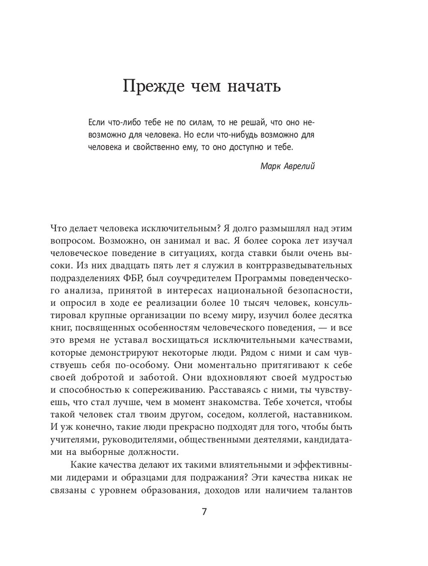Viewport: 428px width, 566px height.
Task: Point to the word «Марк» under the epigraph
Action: point(270,166)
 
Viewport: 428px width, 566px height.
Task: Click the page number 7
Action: point(204,512)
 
